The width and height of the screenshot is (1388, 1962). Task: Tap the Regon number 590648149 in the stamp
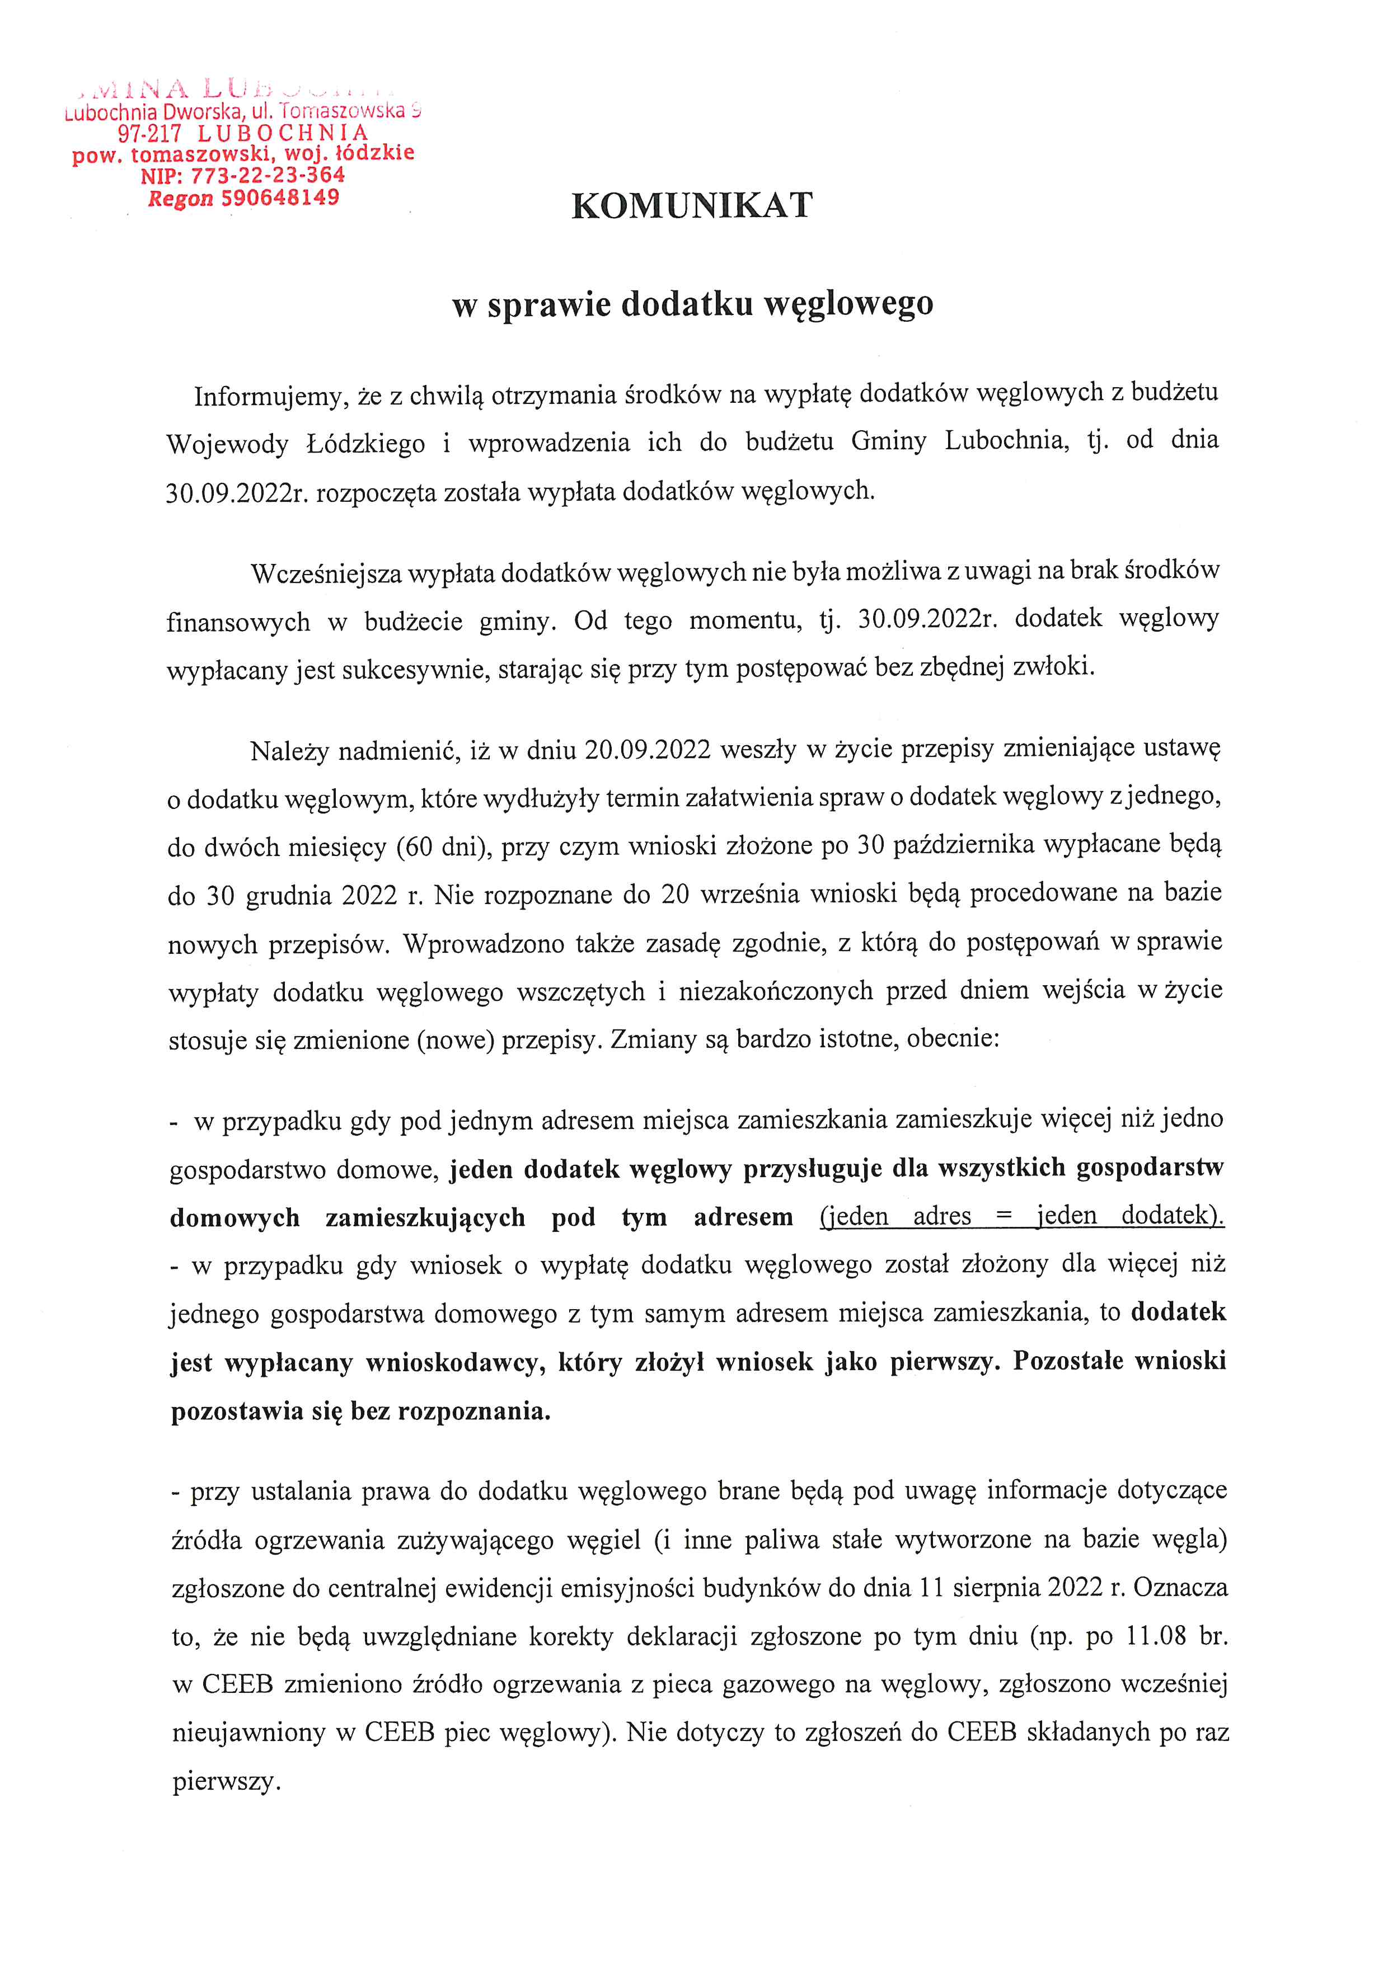[x=280, y=198]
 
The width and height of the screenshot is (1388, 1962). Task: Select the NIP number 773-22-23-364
[x=268, y=175]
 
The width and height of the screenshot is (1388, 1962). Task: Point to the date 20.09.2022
[x=648, y=750]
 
